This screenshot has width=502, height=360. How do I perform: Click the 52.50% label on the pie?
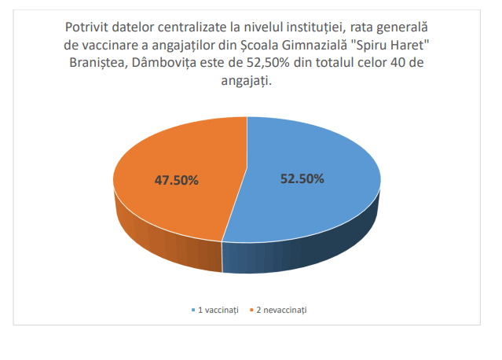pos(302,178)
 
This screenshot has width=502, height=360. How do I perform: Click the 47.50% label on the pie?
pos(176,180)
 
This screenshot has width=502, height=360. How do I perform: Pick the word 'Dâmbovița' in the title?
pos(166,64)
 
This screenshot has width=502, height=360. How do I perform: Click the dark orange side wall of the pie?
pos(157,240)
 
